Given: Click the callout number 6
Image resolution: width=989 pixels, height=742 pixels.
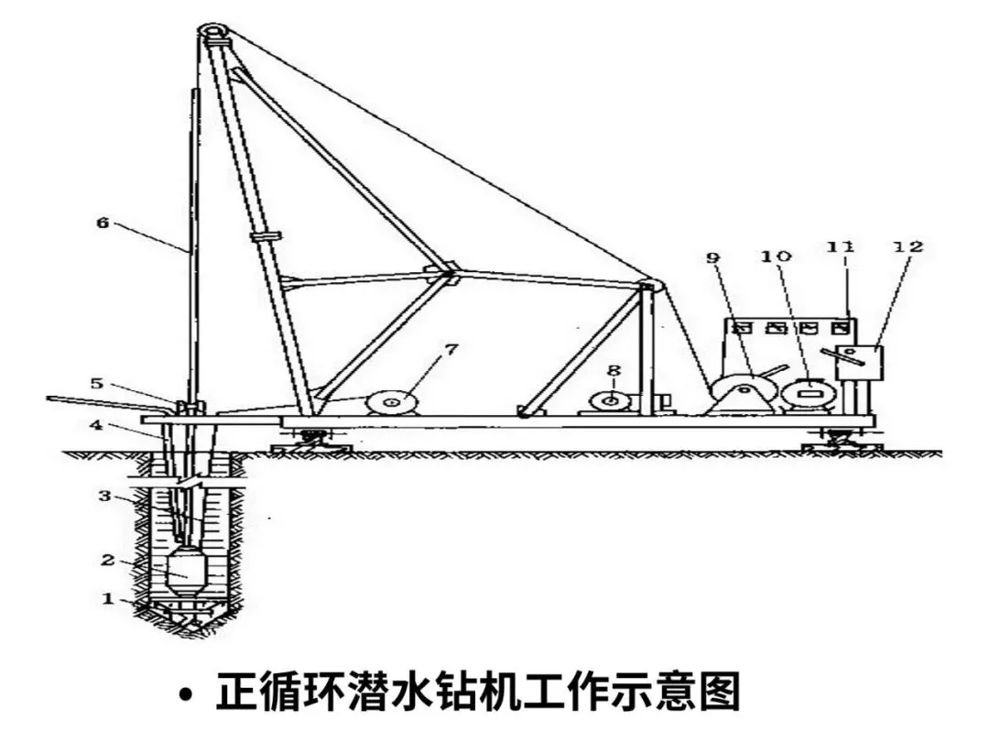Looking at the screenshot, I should [103, 223].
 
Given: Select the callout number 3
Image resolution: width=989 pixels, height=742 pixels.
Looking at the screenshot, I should [105, 496].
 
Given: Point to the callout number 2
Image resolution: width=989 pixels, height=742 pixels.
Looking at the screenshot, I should [107, 558].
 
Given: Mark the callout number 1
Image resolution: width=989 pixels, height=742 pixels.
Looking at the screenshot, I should [107, 599].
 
